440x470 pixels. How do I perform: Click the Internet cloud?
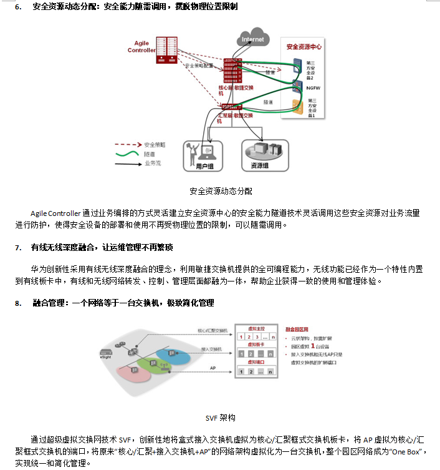tap(253, 39)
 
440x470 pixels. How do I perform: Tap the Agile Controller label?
tap(141, 46)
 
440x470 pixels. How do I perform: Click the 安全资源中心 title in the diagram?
tap(304, 47)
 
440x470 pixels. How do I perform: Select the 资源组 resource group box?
tap(264, 155)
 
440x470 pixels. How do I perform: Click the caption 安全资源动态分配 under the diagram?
tap(221, 191)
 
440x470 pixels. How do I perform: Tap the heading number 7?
tap(18, 248)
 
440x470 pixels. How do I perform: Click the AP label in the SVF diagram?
tap(213, 368)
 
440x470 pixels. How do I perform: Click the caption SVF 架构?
tap(220, 418)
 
